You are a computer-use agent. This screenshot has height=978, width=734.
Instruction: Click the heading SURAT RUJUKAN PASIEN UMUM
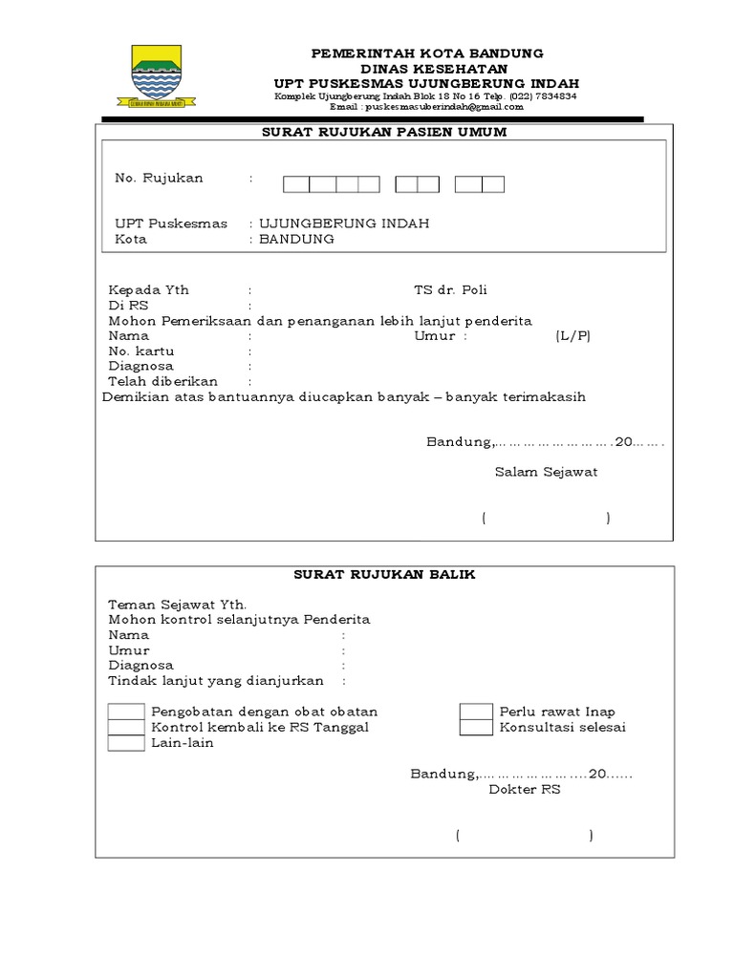coord(384,132)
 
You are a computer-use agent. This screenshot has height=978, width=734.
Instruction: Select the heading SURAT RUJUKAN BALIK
coord(384,574)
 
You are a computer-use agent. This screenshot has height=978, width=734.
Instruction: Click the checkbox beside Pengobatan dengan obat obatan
coord(126,712)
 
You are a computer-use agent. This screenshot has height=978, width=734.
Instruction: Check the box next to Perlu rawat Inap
coord(476,712)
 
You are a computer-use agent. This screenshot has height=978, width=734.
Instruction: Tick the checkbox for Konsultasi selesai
coord(476,728)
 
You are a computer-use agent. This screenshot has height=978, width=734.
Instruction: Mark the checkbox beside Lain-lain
coord(126,743)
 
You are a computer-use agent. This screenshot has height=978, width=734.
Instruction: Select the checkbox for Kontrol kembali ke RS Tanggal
coord(126,728)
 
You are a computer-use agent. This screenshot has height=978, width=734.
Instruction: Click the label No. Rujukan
coord(159,178)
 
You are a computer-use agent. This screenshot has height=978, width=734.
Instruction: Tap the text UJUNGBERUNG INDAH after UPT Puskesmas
coord(344,223)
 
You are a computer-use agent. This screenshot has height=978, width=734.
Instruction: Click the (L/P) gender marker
coord(572,336)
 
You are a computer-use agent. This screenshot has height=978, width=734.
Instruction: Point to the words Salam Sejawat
coord(546,472)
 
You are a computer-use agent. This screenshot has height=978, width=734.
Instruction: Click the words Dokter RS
coord(525,790)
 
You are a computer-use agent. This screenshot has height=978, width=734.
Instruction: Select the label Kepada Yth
coord(149,290)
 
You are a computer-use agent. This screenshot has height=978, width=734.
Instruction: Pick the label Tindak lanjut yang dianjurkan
coord(216,681)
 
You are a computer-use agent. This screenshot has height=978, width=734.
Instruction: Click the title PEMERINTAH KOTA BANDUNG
coord(427,53)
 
